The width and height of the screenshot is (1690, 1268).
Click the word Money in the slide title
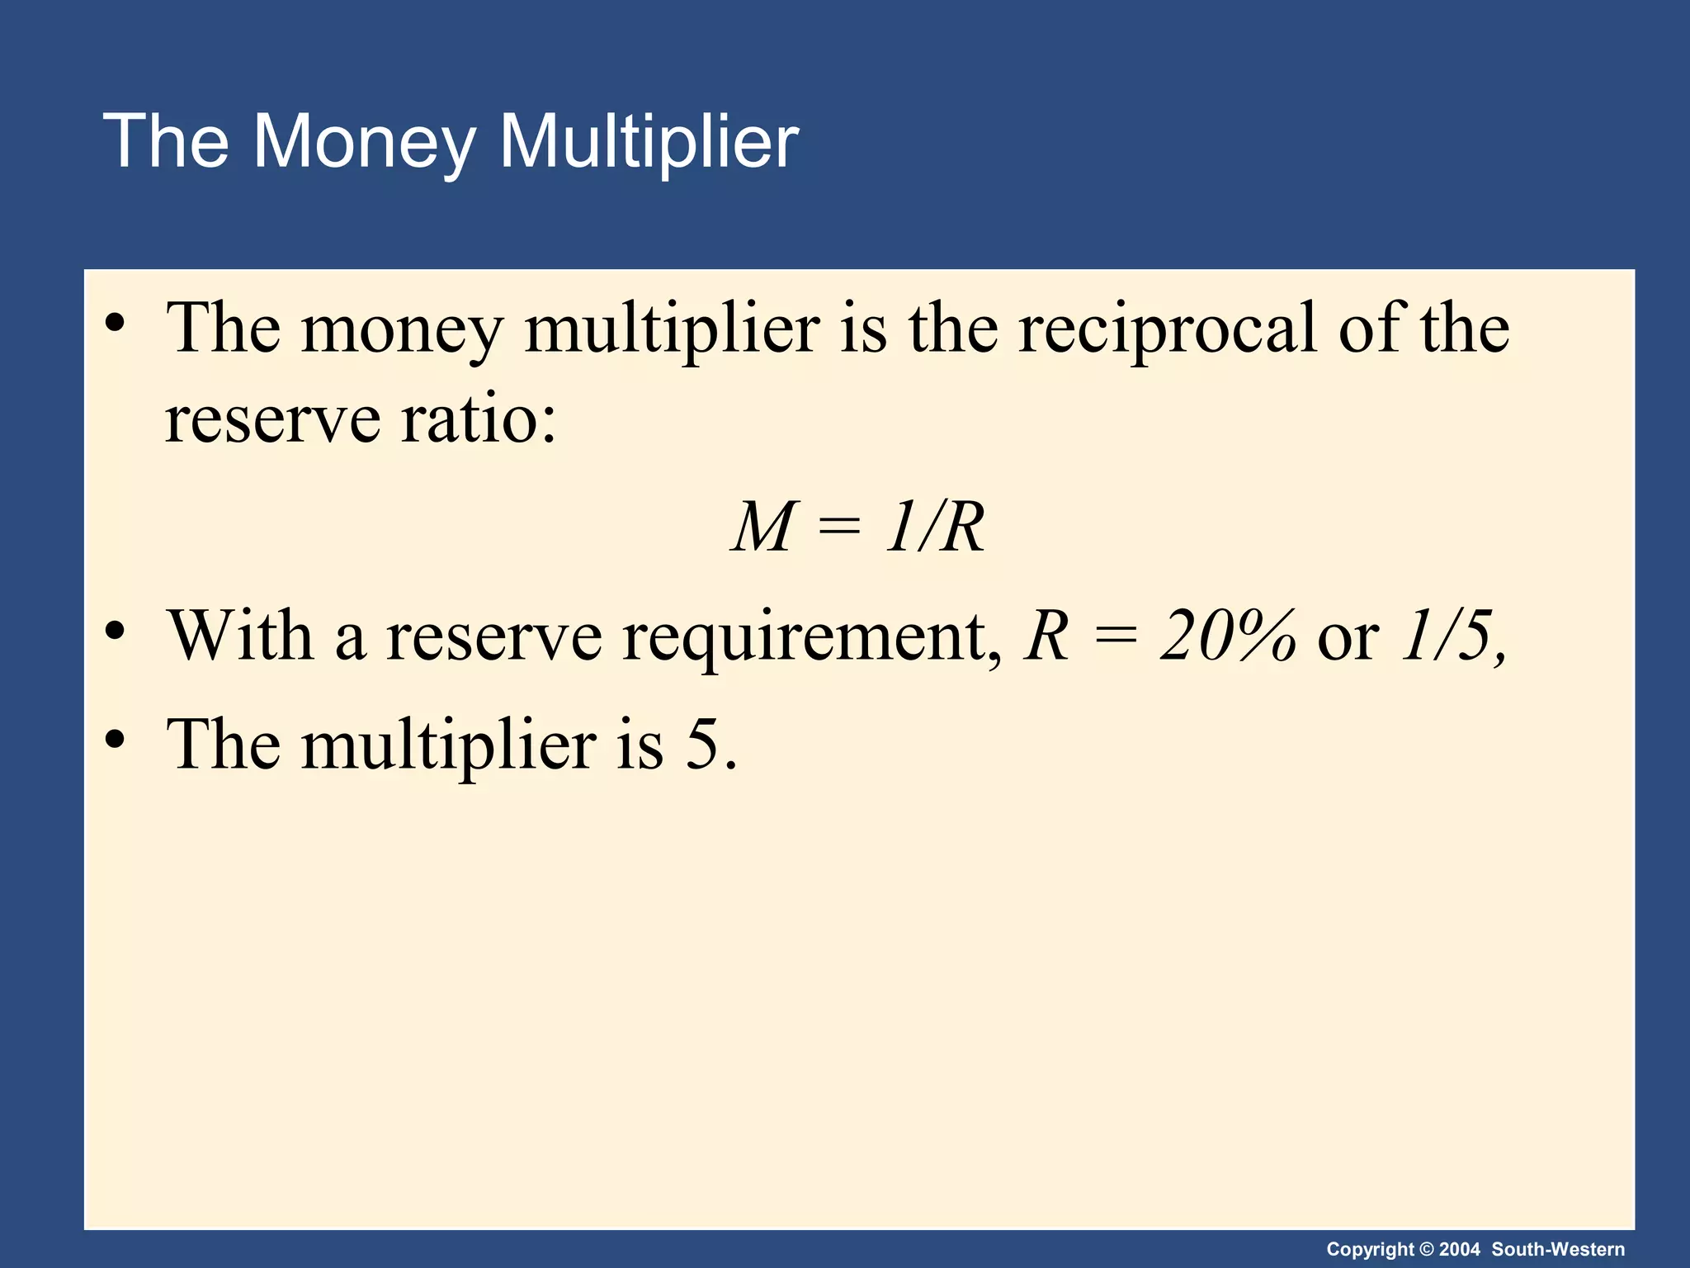[x=363, y=142]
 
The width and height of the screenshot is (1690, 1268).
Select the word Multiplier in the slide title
[x=649, y=142]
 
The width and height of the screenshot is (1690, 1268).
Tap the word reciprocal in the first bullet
[x=1167, y=329]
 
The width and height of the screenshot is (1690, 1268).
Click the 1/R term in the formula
[x=935, y=527]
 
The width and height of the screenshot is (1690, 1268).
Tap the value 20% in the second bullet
[x=1227, y=636]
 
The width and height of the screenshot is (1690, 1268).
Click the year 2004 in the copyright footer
[x=1460, y=1250]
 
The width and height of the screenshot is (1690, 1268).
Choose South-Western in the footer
[x=1558, y=1250]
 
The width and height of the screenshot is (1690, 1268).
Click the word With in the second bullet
[x=240, y=636]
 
